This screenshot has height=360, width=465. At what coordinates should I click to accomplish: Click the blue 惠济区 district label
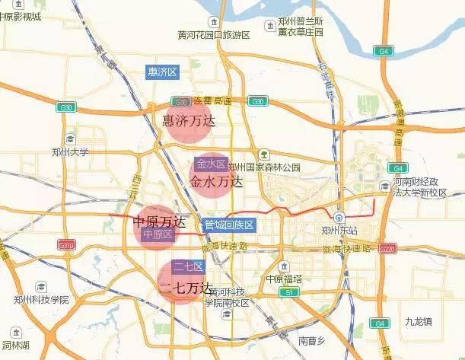(162, 72)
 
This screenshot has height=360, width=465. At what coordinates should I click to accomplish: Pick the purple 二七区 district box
(187, 266)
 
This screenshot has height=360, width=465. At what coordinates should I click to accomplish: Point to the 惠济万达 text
(190, 121)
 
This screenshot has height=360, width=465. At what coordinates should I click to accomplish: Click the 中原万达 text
(159, 221)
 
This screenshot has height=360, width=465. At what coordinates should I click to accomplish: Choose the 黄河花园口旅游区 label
(214, 35)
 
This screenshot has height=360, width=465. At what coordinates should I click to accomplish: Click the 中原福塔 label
(284, 279)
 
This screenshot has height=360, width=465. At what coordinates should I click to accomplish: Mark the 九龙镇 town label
(419, 322)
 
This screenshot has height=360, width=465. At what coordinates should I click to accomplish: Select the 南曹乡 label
(312, 339)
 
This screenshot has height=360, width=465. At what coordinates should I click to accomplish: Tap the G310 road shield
(67, 245)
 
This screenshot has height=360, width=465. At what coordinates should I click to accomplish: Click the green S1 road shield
(288, 292)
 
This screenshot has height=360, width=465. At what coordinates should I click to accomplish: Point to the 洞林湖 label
(15, 345)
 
